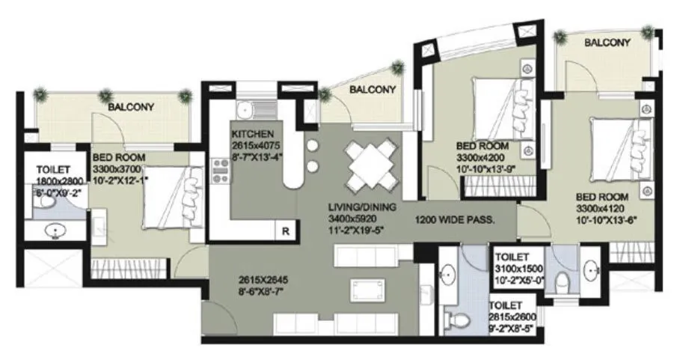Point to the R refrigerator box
point(285,231)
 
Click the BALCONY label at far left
point(131,107)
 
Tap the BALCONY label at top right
point(607,43)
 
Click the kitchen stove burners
point(221,171)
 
